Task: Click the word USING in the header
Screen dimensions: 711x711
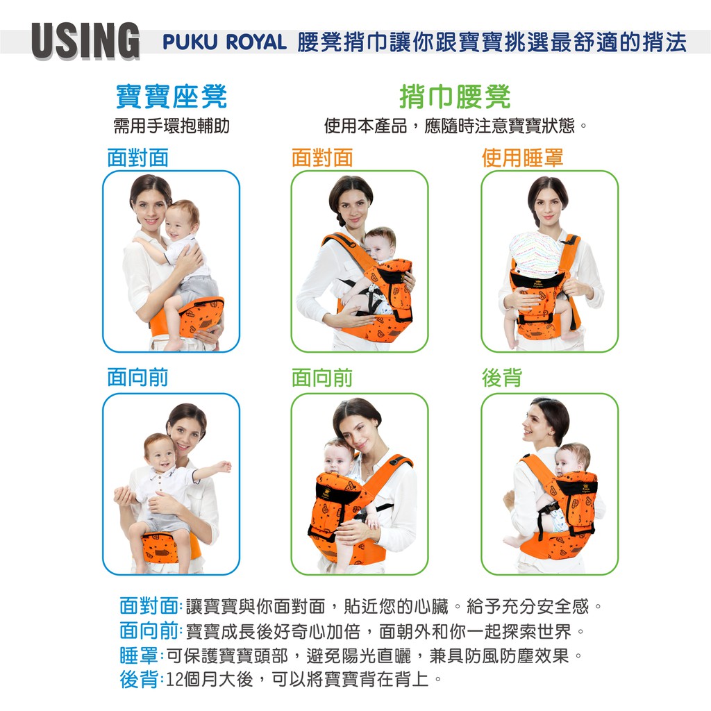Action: point(85,40)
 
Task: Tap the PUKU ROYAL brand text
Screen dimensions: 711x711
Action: point(224,42)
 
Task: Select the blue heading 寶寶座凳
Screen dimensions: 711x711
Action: point(172,97)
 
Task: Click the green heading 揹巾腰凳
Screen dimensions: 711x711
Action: point(455,97)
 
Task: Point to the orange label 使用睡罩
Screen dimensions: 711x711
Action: point(522,158)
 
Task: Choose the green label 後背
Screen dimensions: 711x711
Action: point(502,378)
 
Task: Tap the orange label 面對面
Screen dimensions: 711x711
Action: point(322,158)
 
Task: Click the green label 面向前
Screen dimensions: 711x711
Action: point(322,378)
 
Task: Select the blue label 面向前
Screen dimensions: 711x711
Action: point(138,378)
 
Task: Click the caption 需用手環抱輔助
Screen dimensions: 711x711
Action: point(172,126)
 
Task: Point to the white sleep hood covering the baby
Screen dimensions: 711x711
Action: point(537,254)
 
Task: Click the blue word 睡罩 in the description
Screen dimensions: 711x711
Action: point(139,655)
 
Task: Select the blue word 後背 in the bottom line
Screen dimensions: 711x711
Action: point(139,679)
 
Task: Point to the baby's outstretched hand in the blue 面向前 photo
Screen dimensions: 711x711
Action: point(223,466)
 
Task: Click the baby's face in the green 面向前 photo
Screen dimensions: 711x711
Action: point(337,460)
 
